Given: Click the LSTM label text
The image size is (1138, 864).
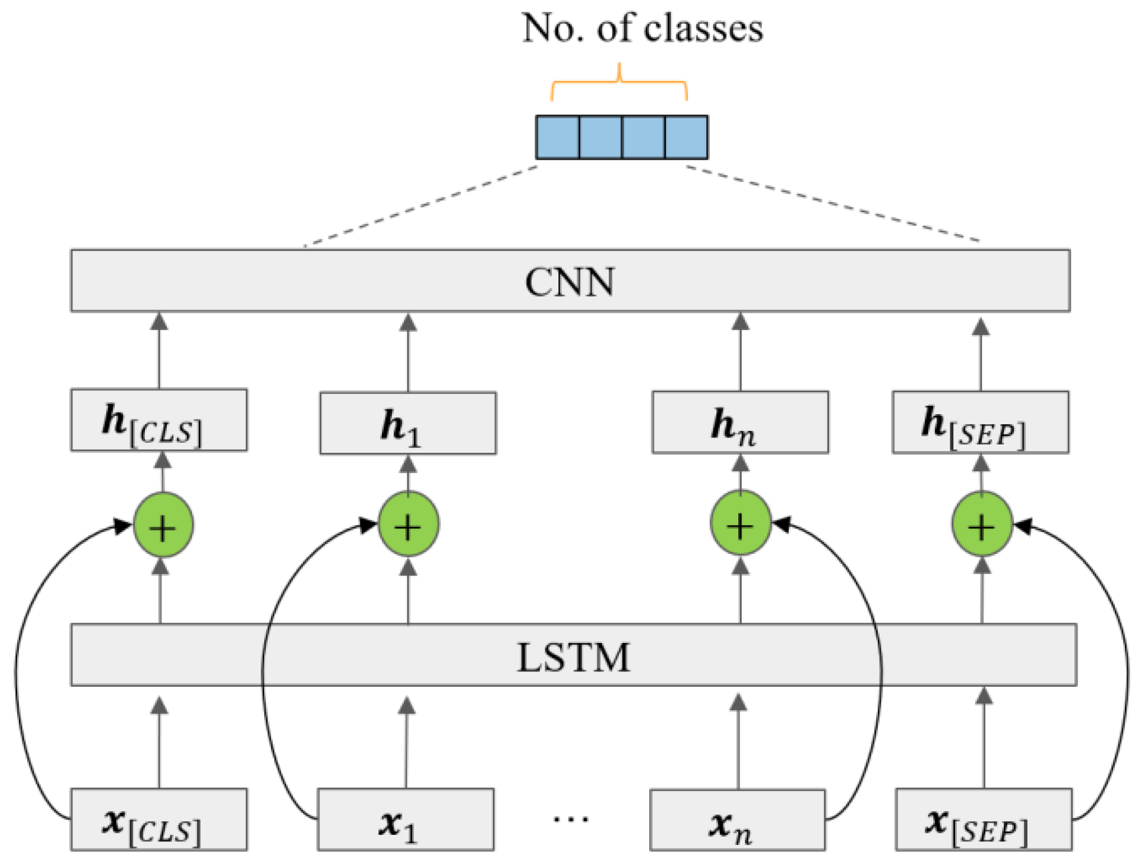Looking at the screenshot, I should [573, 657].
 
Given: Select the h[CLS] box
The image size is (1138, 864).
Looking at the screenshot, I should [159, 420].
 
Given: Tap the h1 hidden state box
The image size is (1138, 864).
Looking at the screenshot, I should [407, 423].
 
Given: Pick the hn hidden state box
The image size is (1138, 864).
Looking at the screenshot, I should [739, 422].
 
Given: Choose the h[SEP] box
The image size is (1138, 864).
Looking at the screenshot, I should [980, 422].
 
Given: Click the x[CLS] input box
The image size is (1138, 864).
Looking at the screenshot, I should [159, 819].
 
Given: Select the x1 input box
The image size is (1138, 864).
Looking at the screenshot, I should [405, 820].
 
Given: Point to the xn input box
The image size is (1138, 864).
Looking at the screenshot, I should [737, 821].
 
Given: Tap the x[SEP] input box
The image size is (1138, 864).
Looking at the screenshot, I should [984, 820].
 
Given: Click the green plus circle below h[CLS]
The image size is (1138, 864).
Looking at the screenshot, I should [163, 526].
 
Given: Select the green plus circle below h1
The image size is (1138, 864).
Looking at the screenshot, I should [408, 525].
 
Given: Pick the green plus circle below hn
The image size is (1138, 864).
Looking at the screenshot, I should [740, 524].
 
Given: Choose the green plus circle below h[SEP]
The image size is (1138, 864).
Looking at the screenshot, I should [981, 525].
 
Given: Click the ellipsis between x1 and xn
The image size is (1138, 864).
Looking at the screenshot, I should [570, 818].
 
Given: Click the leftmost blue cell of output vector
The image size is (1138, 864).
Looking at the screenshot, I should [557, 137].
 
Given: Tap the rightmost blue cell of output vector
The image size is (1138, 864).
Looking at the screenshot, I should [686, 137].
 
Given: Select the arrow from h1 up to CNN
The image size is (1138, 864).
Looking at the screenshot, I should [407, 354].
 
